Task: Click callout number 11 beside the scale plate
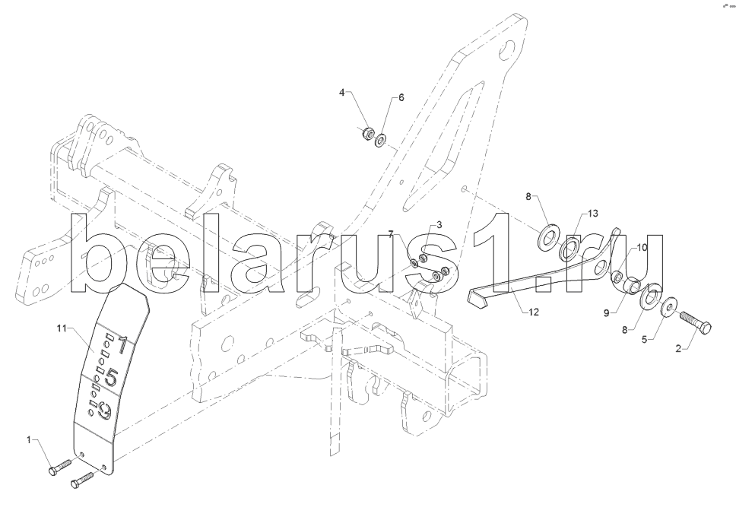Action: pyautogui.click(x=62, y=328)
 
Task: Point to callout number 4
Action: pyautogui.click(x=342, y=92)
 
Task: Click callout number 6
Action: pyautogui.click(x=401, y=97)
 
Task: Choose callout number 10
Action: pyautogui.click(x=642, y=247)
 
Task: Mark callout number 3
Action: pyautogui.click(x=439, y=225)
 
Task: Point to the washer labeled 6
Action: pyautogui.click(x=381, y=138)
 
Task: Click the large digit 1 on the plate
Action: pyautogui.click(x=122, y=343)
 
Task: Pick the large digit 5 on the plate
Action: pyautogui.click(x=111, y=376)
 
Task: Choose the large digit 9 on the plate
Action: pyautogui.click(x=105, y=412)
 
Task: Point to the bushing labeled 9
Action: pyautogui.click(x=633, y=286)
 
